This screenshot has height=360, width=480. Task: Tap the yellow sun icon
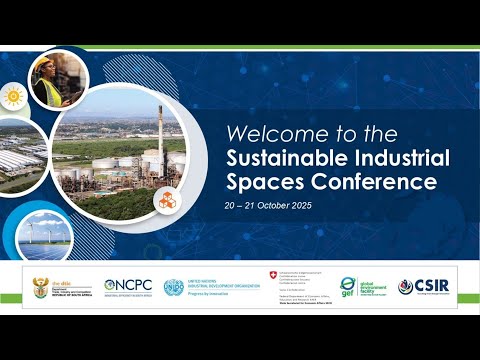(x=13, y=97)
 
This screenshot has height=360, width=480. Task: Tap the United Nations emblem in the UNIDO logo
(x=174, y=286)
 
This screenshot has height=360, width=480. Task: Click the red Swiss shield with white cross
(x=273, y=276)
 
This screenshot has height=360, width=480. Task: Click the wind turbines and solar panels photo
(x=45, y=238)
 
